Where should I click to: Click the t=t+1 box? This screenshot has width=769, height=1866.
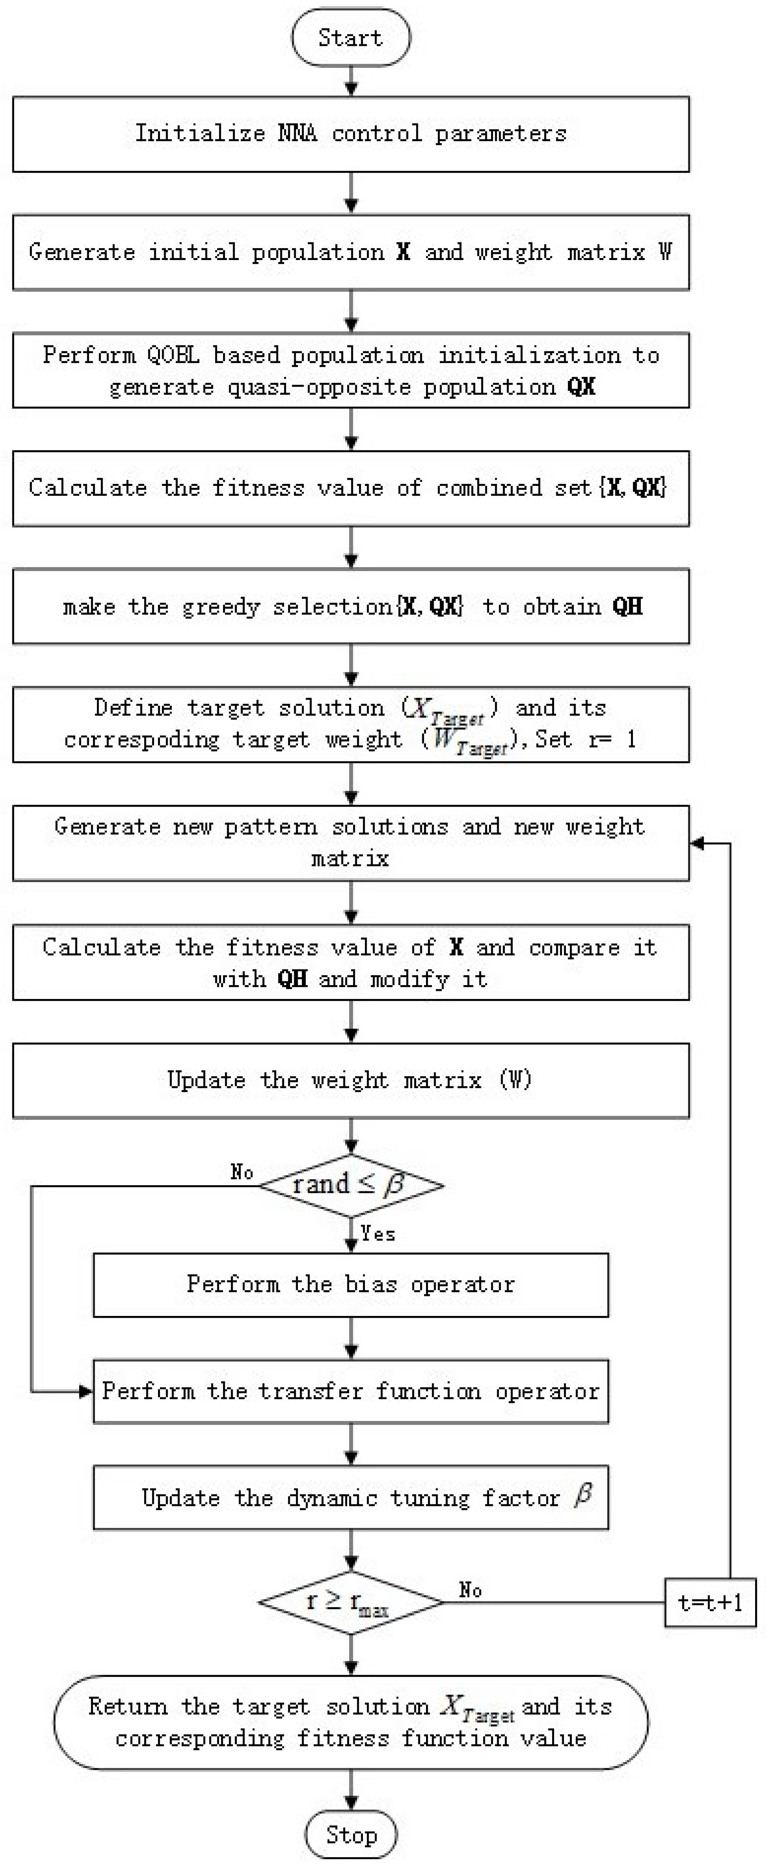(710, 1603)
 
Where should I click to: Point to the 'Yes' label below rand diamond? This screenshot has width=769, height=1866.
(378, 1234)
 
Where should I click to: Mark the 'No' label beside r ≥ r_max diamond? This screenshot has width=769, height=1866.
(471, 1590)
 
